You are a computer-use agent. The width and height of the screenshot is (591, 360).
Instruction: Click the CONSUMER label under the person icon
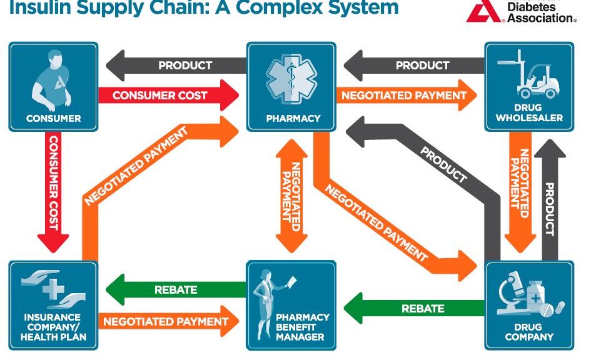[x=53, y=118]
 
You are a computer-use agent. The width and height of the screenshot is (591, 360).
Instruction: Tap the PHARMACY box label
[x=293, y=118]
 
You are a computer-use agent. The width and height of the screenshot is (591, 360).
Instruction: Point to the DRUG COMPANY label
[x=529, y=332]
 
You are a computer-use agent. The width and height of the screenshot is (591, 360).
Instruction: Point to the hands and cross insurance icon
[x=53, y=288]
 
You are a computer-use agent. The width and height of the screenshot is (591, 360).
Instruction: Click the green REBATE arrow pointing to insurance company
[x=175, y=289]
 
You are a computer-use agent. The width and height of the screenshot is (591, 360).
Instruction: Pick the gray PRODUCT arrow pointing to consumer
[x=175, y=65]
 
